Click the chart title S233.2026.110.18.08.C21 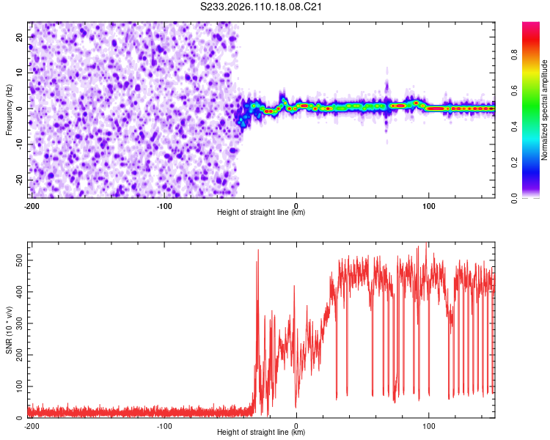(x=262, y=7)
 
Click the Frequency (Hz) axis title (x=9, y=109)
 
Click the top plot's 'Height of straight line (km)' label (x=261, y=212)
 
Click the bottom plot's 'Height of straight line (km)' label (x=261, y=432)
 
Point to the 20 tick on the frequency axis (x=20, y=37)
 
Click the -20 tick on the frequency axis (x=18, y=180)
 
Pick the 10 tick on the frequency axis (x=20, y=73)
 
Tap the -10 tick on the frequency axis (x=18, y=144)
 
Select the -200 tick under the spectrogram (x=31, y=205)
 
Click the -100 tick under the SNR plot (x=164, y=425)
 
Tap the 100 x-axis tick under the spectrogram (x=428, y=205)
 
